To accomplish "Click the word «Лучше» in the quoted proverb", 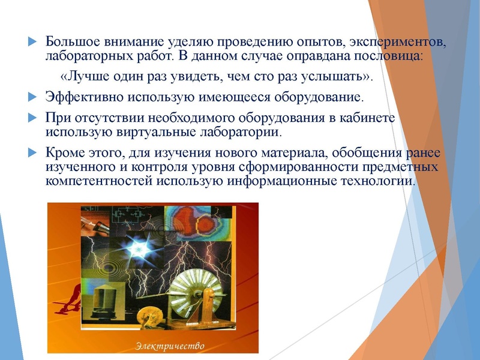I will (85, 77).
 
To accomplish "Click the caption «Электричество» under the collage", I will (170, 346).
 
